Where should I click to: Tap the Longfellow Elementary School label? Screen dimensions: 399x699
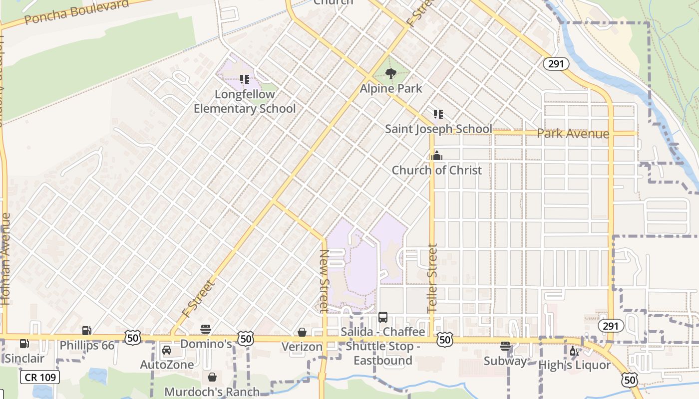245,101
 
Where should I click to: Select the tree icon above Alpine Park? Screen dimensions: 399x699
391,74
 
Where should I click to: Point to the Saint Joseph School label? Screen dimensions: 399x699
438,129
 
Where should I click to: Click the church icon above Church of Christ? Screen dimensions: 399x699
437,156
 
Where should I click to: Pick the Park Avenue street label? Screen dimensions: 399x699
573,134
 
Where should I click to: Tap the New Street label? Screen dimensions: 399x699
324,280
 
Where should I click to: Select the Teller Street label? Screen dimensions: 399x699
432,278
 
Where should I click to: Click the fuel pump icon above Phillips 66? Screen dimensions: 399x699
86,331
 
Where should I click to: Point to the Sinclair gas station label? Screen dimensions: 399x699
24,358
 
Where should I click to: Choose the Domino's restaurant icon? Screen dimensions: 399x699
206,329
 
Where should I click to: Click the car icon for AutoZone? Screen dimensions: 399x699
167,350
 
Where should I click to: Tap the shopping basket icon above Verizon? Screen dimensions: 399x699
302,332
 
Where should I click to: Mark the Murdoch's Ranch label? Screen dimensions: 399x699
212,392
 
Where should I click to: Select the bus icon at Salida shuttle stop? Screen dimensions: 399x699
383,317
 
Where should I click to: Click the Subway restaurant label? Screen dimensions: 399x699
505,361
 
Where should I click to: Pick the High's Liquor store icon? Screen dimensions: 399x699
575,351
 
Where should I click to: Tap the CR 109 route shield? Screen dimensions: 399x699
40,377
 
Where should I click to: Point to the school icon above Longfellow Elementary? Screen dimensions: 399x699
244,79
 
